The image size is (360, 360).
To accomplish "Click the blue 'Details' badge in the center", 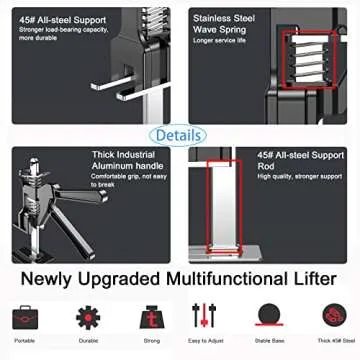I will pos(180,134).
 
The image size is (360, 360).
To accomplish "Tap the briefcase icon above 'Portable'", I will pos(25,317).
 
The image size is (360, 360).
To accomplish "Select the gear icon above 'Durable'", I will pos(88,317).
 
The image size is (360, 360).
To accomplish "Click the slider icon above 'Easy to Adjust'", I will pos(205,317).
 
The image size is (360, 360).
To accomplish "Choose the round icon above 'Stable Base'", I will pos(267,317).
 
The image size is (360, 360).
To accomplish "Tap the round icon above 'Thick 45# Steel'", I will pos(331,317).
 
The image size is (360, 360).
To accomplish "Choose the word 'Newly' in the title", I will pos(49,279).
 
